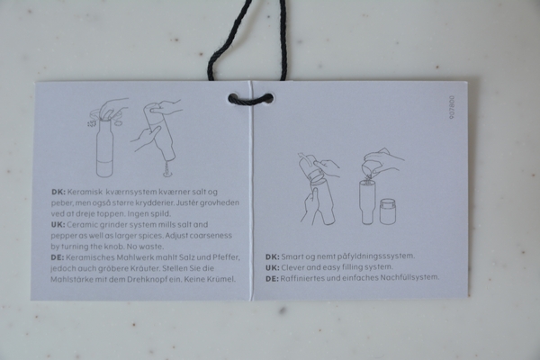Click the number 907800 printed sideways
(x=452, y=107)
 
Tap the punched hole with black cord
(x=250, y=99)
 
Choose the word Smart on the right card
(x=292, y=256)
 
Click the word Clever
(x=292, y=267)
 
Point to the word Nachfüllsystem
(x=409, y=277)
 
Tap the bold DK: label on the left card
(x=58, y=192)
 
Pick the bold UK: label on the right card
(x=273, y=267)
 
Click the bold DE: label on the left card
(x=58, y=257)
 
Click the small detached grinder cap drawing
(x=387, y=211)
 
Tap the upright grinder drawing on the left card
(x=104, y=148)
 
